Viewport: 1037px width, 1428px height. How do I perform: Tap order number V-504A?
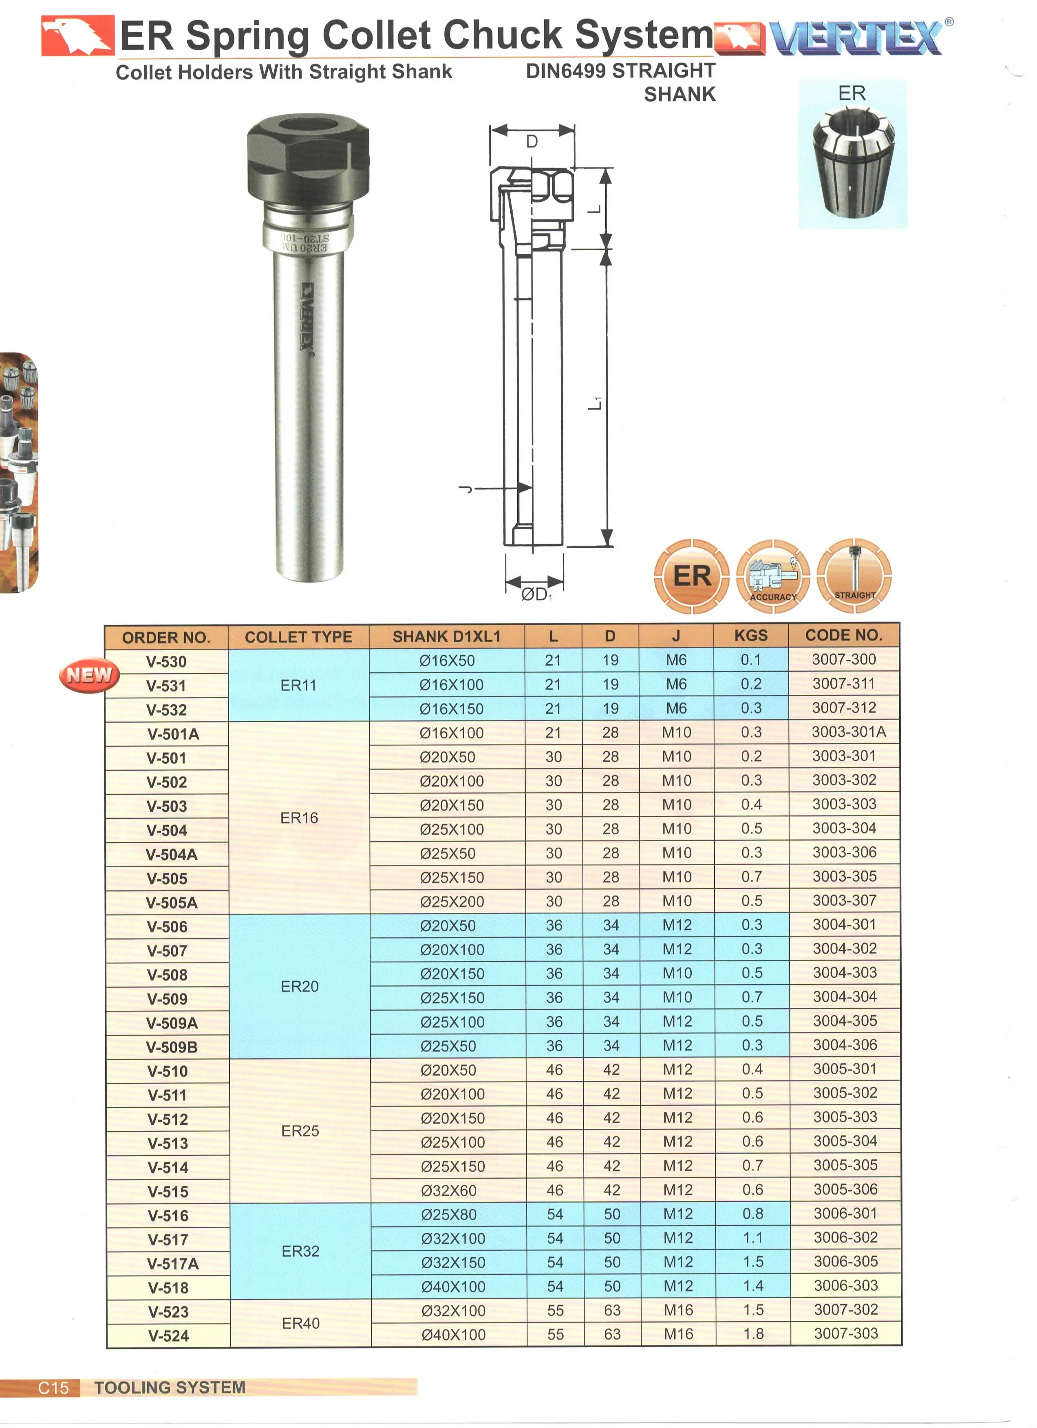tap(171, 855)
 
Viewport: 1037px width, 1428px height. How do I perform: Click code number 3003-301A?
tap(848, 732)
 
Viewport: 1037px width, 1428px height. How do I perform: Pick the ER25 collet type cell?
tap(300, 1131)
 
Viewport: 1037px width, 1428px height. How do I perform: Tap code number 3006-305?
tap(845, 1261)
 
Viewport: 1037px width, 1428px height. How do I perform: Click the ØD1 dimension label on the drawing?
tap(536, 594)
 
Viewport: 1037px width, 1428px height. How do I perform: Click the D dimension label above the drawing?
tap(532, 142)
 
